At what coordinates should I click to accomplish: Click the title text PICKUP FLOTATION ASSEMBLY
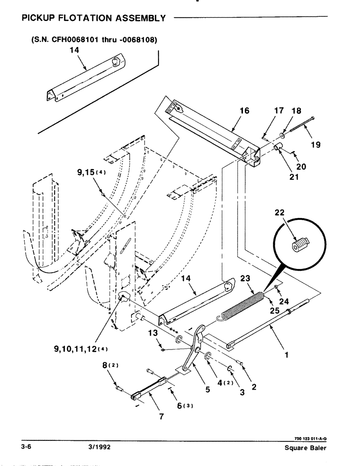93,19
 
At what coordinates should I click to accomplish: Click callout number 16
244,111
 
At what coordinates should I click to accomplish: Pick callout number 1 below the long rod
286,355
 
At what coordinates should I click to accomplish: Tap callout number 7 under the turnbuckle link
162,417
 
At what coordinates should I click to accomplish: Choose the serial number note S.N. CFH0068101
94,40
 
